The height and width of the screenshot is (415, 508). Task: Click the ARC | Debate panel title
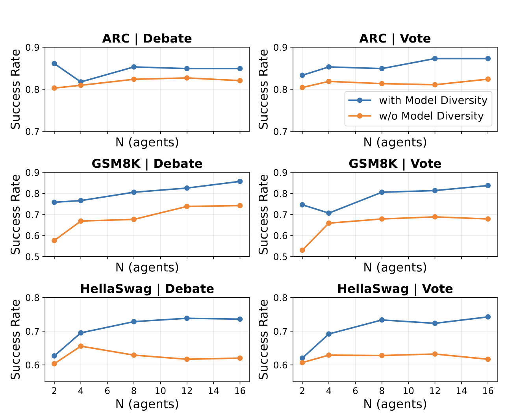[x=147, y=39]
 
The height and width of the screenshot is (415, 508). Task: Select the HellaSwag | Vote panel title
[x=395, y=289]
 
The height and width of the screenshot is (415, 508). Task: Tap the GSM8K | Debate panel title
[x=147, y=164]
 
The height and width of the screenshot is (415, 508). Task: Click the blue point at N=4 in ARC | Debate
[x=81, y=82]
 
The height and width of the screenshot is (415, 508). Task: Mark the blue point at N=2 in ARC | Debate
[x=54, y=63]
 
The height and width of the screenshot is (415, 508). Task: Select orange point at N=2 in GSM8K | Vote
[x=302, y=250]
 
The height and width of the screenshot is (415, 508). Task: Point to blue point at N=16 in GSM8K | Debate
[x=240, y=182]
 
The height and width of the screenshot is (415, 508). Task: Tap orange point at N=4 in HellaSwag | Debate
[x=81, y=346]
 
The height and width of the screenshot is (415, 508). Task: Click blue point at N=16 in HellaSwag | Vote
[x=488, y=317]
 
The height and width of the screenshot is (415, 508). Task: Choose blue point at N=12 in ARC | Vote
[x=435, y=59]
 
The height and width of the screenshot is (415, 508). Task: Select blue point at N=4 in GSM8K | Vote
[x=329, y=213]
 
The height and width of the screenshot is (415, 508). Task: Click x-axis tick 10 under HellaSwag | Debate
[x=160, y=391]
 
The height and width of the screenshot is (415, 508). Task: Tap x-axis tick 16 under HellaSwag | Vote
[x=488, y=391]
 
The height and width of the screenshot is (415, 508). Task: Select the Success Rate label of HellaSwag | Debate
[x=16, y=339]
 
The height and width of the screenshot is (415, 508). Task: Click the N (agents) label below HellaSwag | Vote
[x=395, y=404]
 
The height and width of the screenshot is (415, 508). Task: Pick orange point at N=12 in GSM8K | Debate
[x=187, y=206]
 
